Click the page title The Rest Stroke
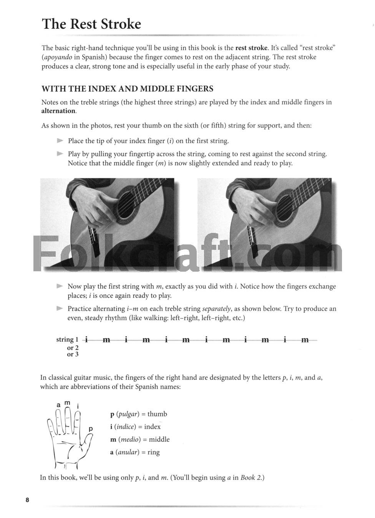91,24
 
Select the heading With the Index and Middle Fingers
127,89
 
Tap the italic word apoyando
57,57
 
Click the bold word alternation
58,111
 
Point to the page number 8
27,500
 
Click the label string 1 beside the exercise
67,340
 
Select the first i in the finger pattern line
86,340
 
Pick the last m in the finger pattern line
305,340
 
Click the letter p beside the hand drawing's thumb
91,429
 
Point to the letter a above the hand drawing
58,405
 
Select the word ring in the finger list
153,452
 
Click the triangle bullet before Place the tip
60,141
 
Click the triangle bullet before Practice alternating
60,308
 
